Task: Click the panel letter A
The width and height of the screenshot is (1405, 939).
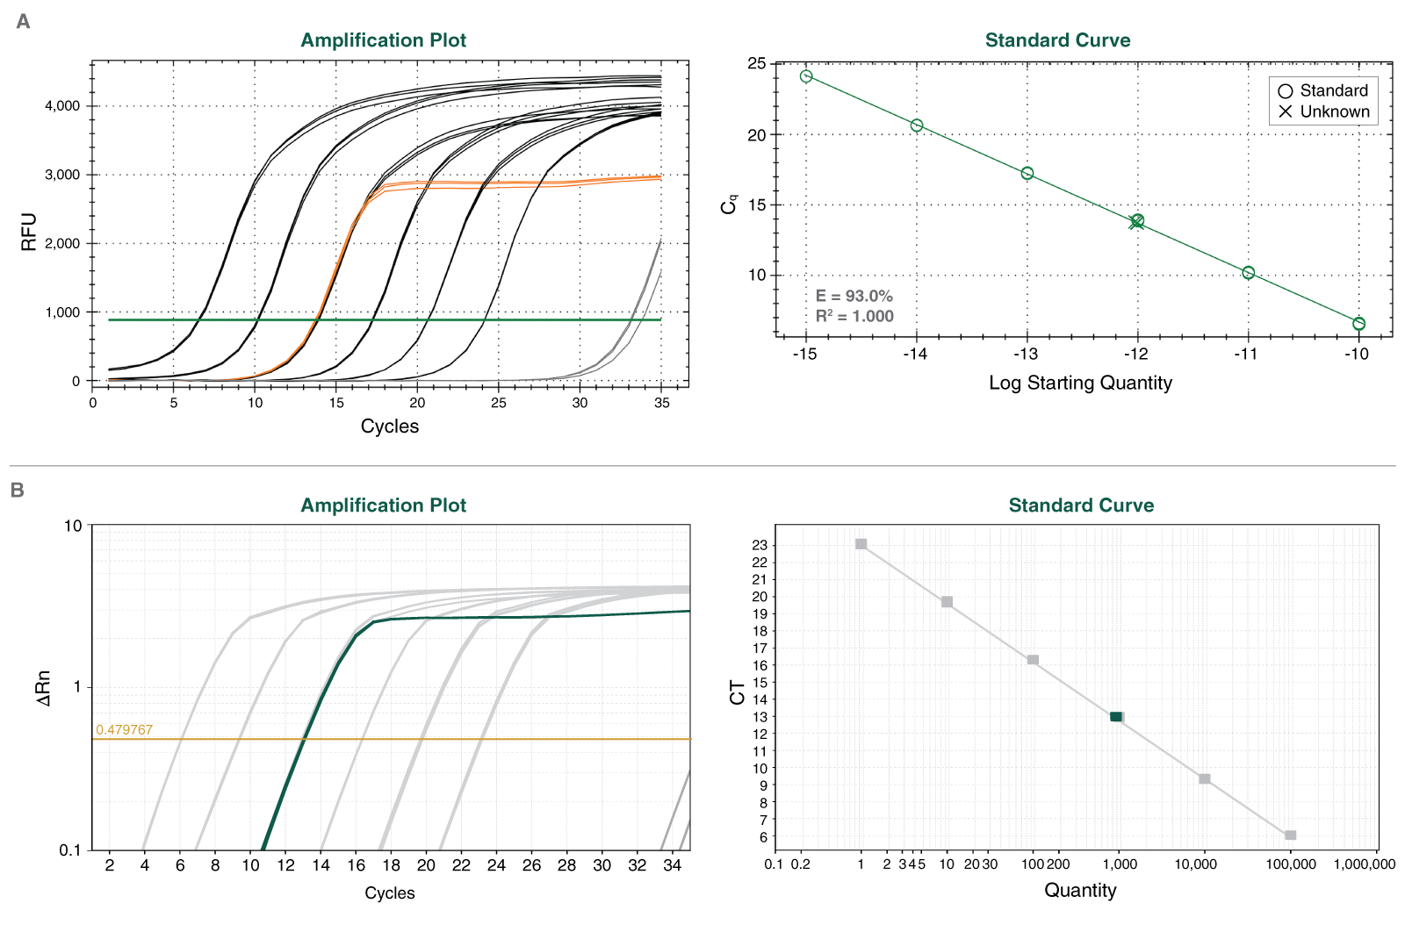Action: pyautogui.click(x=23, y=21)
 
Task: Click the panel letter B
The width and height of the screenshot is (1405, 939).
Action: pyautogui.click(x=17, y=490)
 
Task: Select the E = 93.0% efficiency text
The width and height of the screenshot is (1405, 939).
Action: pyautogui.click(x=854, y=297)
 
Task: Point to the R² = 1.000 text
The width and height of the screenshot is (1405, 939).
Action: pyautogui.click(x=854, y=316)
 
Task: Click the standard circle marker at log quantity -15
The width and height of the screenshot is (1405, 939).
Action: pyautogui.click(x=806, y=76)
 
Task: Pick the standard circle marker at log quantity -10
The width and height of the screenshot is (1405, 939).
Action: pyautogui.click(x=1358, y=324)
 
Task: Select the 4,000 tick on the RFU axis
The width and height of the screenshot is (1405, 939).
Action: pyautogui.click(x=62, y=105)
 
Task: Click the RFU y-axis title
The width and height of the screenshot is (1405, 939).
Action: pyautogui.click(x=29, y=231)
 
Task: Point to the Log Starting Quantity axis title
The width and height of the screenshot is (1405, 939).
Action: pyautogui.click(x=1080, y=383)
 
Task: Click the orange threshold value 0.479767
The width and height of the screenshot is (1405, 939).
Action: pyautogui.click(x=124, y=729)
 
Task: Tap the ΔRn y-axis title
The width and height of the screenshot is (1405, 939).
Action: pyautogui.click(x=43, y=688)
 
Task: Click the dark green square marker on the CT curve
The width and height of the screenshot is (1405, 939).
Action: pyautogui.click(x=1115, y=717)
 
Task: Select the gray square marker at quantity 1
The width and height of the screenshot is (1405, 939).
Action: pyautogui.click(x=861, y=544)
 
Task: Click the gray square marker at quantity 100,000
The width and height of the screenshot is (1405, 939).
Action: pyautogui.click(x=1290, y=835)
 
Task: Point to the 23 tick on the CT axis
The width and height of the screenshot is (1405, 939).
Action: pyautogui.click(x=760, y=545)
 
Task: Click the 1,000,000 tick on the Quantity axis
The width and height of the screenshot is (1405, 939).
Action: pyautogui.click(x=1364, y=864)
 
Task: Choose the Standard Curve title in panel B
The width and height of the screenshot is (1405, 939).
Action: pyautogui.click(x=1081, y=505)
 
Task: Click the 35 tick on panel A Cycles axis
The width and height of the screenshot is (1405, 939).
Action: pyautogui.click(x=661, y=403)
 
